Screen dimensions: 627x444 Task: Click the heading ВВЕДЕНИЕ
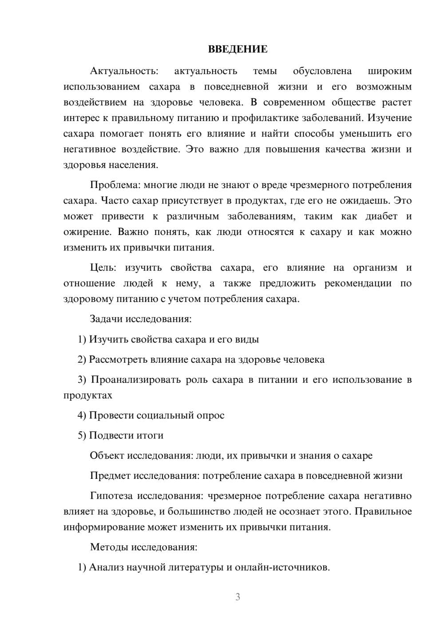click(x=238, y=49)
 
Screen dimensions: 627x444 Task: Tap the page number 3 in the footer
click(x=238, y=597)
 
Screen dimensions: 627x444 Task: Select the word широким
click(x=390, y=71)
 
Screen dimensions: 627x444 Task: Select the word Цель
click(x=103, y=268)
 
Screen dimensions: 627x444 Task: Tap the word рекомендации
click(x=358, y=283)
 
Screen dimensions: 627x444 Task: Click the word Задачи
click(x=106, y=319)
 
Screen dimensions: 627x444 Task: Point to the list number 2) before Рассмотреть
click(x=82, y=359)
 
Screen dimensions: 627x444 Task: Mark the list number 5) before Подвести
click(x=82, y=435)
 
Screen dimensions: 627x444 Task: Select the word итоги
click(x=150, y=435)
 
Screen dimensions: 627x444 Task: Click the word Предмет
click(x=110, y=476)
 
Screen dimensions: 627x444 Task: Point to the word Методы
click(x=109, y=547)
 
